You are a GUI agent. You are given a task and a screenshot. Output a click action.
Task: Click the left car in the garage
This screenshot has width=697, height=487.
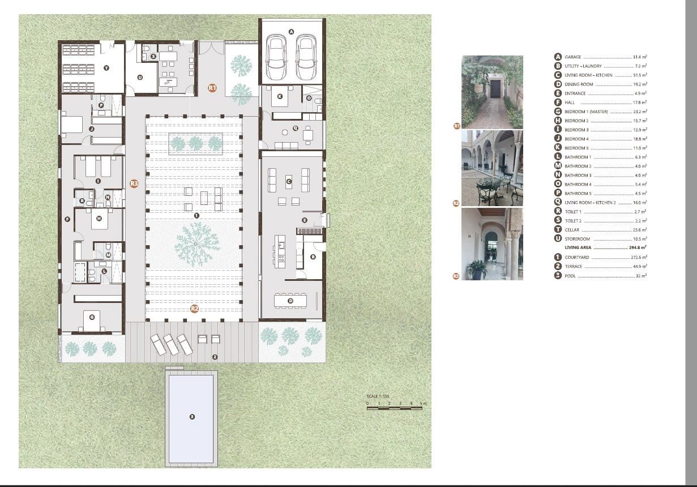276,58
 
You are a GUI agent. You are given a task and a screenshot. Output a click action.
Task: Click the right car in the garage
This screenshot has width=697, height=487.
306,58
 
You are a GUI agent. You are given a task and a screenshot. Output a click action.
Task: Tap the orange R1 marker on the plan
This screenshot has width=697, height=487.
212,88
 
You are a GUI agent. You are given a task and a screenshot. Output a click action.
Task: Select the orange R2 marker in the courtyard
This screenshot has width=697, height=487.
194,309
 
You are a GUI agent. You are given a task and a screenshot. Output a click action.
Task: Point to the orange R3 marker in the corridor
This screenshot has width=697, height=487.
134,183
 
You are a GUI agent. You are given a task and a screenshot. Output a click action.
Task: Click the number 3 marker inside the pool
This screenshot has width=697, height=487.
192,417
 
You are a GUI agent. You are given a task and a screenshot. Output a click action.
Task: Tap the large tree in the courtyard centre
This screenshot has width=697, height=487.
195,242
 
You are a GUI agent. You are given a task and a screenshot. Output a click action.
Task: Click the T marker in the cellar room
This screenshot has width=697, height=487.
106,67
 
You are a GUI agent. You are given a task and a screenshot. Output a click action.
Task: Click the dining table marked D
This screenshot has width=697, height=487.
290,301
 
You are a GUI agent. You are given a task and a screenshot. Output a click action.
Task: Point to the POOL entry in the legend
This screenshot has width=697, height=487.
570,276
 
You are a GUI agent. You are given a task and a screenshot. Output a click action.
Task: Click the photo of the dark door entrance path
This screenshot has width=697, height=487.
492,92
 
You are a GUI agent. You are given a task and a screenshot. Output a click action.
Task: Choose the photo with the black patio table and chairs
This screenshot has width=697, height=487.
492,168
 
